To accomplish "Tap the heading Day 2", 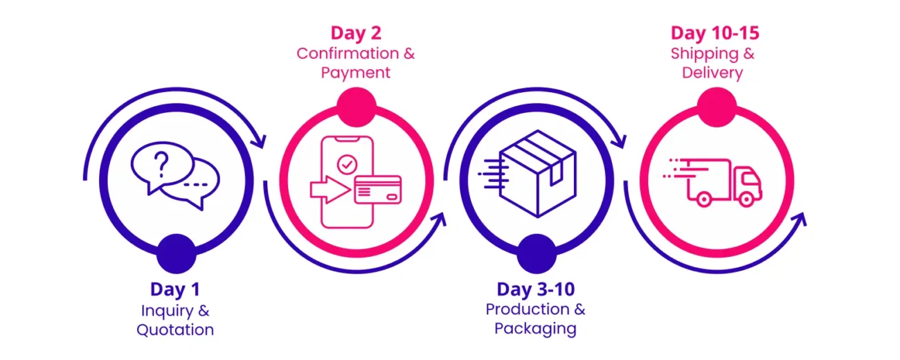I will pyautogui.click(x=356, y=33).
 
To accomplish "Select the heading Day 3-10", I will pyautogui.click(x=535, y=289).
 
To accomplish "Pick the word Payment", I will pyautogui.click(x=356, y=72).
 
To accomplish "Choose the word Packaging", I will pyautogui.click(x=535, y=327).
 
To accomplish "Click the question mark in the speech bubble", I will pyautogui.click(x=161, y=165).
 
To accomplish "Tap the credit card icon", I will pyautogui.click(x=377, y=189).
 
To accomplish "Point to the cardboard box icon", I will pyautogui.click(x=537, y=173).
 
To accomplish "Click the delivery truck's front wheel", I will pyautogui.click(x=746, y=199).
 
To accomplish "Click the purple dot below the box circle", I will pyautogui.click(x=535, y=253).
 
